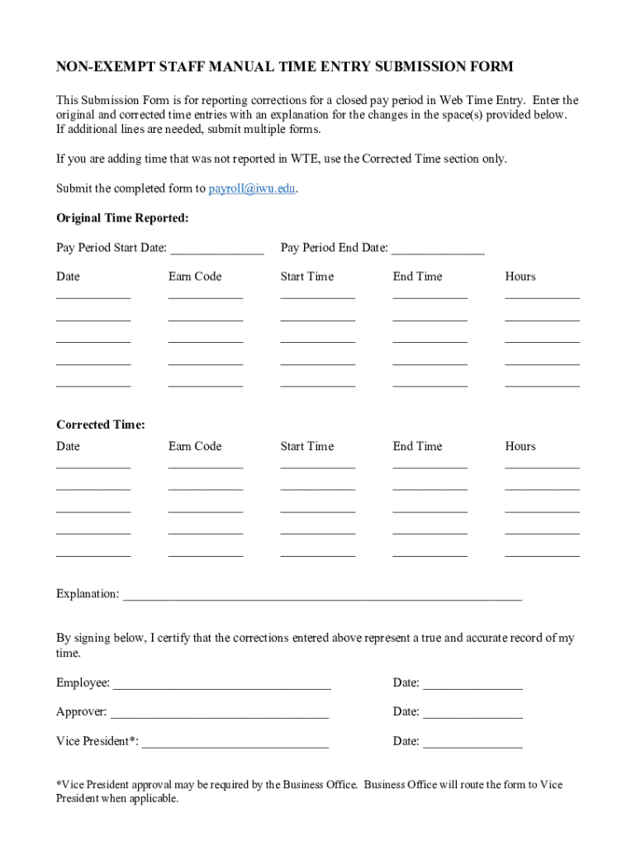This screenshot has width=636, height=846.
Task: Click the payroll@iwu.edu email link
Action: click(251, 188)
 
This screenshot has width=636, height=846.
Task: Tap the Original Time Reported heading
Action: click(122, 218)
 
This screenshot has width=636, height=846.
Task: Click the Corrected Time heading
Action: click(101, 425)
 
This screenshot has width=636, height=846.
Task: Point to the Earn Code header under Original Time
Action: click(195, 277)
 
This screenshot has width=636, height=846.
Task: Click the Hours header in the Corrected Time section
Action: click(520, 446)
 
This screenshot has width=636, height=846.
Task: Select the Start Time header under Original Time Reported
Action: click(307, 277)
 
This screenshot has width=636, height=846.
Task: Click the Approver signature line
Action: click(219, 713)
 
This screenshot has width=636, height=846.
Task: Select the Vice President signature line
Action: click(235, 743)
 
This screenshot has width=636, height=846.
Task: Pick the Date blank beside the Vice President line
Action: click(472, 743)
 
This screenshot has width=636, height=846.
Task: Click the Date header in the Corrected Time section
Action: click(68, 446)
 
